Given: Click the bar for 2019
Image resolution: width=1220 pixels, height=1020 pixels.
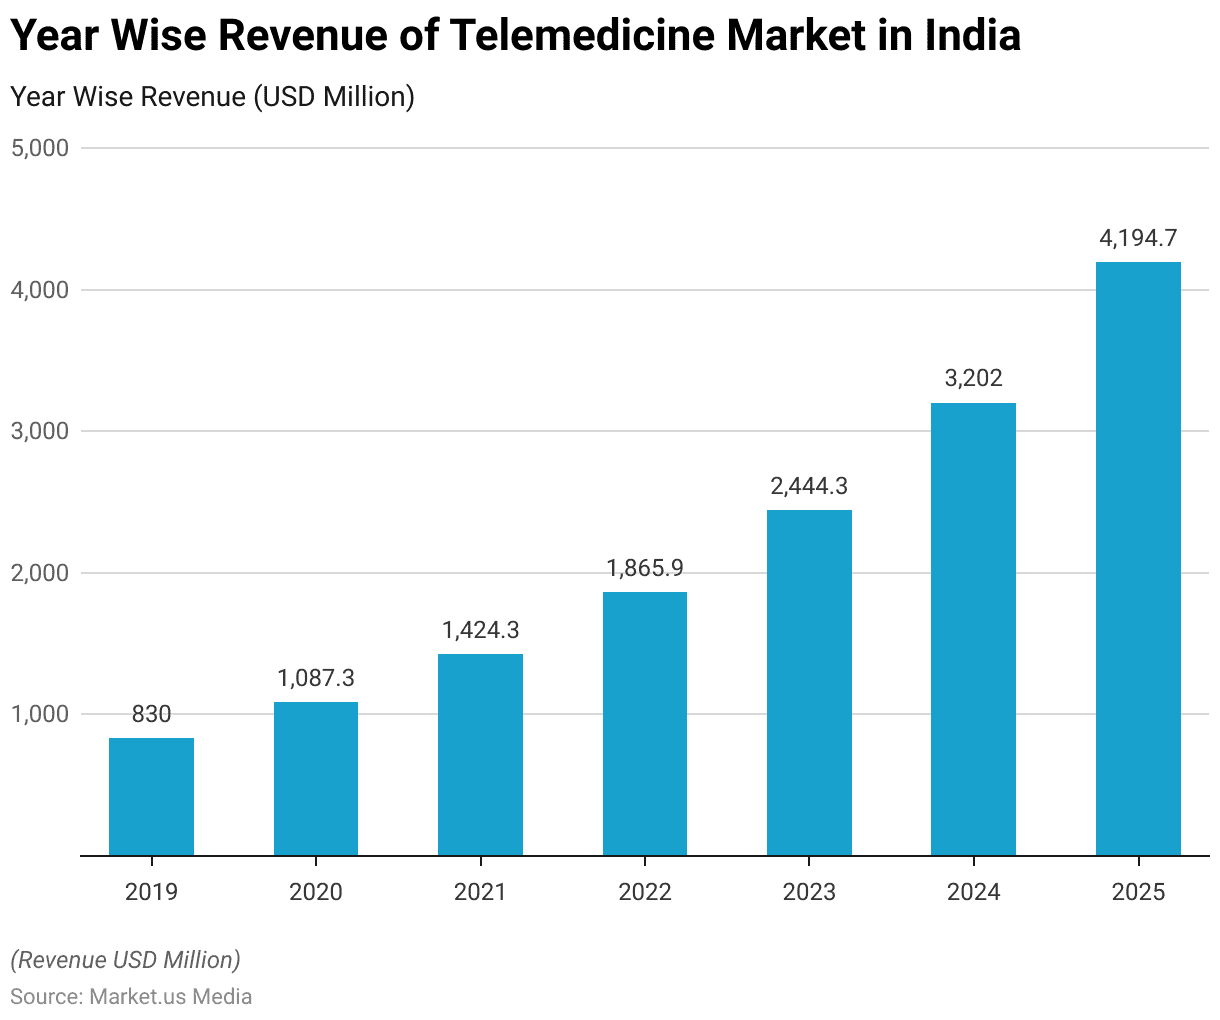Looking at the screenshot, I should coord(151,796).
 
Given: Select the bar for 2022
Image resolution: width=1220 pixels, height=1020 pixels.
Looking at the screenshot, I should coord(645,723).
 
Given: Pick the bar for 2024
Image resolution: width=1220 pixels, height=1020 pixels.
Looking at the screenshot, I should coord(973,629).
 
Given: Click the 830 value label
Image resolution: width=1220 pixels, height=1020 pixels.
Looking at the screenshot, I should coord(151,714).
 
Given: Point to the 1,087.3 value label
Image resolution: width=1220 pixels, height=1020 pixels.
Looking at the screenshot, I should coord(316,678).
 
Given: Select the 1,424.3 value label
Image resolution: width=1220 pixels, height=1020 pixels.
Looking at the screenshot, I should coord(480,630).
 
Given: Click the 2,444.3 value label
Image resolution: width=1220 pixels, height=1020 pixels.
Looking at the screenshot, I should coord(809,486).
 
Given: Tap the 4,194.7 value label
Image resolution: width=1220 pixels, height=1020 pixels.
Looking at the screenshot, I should coord(1138,238).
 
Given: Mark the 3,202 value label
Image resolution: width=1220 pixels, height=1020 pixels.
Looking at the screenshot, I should coord(973,378).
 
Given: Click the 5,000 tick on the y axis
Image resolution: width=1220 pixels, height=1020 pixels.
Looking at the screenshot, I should coord(40,148).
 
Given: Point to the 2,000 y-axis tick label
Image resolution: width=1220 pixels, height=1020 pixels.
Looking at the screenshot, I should coord(40,573).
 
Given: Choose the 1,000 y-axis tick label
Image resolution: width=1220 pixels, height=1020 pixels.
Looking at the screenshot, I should coord(40,714).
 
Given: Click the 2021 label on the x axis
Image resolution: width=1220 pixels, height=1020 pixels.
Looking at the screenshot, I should coord(480,891).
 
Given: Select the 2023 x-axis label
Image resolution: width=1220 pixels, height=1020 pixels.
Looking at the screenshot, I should coord(809,891).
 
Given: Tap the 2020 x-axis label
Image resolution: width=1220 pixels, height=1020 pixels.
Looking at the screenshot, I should coord(316,891).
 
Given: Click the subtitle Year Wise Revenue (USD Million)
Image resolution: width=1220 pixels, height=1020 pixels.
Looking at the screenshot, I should coord(212,97).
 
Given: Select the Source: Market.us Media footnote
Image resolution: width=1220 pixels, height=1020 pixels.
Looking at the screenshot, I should coord(131,997).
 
